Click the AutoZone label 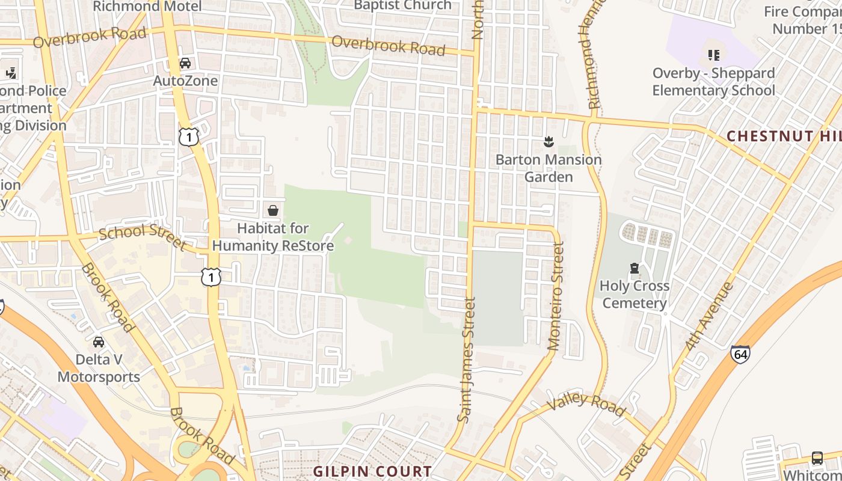pyautogui.click(x=185, y=81)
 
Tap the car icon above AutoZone pyautogui.click(x=185, y=63)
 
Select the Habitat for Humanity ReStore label pyautogui.click(x=272, y=237)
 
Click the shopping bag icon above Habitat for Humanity pyautogui.click(x=272, y=210)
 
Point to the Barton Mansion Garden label pyautogui.click(x=548, y=168)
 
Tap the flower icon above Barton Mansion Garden pyautogui.click(x=548, y=142)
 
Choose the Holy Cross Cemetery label pyautogui.click(x=635, y=294)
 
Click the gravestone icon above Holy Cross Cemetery pyautogui.click(x=634, y=268)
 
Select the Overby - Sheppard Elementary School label pyautogui.click(x=714, y=82)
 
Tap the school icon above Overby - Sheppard pyautogui.click(x=714, y=55)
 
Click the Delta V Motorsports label pyautogui.click(x=99, y=368)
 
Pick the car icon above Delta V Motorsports pyautogui.click(x=99, y=342)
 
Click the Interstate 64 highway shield pyautogui.click(x=740, y=354)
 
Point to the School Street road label pyautogui.click(x=143, y=237)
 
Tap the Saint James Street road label pyautogui.click(x=467, y=360)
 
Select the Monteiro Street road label pyautogui.click(x=556, y=296)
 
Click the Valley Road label pyautogui.click(x=586, y=404)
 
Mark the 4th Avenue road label pyautogui.click(x=710, y=316)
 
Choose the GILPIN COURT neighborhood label pyautogui.click(x=372, y=471)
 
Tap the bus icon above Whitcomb pyautogui.click(x=817, y=458)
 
